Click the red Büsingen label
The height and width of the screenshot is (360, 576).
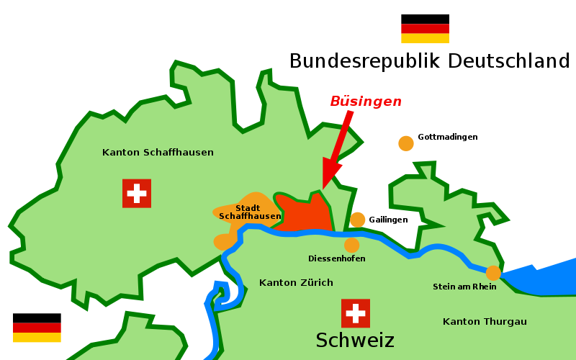(366, 102)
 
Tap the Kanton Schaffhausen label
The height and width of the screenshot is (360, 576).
(158, 153)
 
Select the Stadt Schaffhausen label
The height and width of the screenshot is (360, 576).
(249, 212)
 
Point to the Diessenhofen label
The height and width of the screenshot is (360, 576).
(336, 258)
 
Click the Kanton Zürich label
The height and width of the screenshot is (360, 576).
(296, 283)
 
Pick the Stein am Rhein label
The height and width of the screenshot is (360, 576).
(464, 287)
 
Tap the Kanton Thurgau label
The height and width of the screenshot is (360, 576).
(485, 321)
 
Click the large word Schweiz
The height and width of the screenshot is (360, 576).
(355, 340)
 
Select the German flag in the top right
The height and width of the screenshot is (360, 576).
(425, 33)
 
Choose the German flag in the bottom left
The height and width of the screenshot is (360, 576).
(37, 333)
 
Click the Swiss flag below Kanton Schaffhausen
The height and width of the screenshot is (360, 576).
(136, 193)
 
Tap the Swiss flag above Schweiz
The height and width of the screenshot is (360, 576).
(355, 313)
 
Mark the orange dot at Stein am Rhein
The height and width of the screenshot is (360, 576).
(493, 273)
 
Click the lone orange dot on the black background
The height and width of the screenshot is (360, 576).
(406, 143)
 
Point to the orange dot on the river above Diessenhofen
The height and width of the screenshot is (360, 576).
(351, 246)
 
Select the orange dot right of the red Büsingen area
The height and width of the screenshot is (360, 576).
(357, 220)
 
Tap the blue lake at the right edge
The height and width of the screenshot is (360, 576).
(547, 277)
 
